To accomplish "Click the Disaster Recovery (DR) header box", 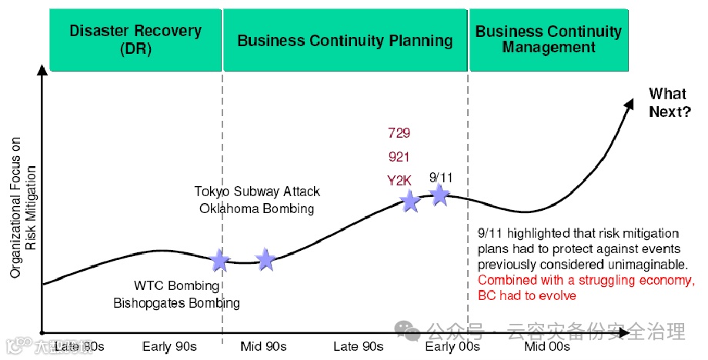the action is click(x=135, y=39).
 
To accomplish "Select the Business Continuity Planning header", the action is click(x=345, y=40).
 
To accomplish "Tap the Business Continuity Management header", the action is click(x=548, y=39).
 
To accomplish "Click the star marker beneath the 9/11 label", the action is click(x=439, y=195).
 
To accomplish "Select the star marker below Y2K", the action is click(x=410, y=202).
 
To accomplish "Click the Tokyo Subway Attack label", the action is click(x=256, y=192).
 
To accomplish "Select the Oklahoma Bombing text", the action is click(x=256, y=208).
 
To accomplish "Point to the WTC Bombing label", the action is click(x=176, y=286).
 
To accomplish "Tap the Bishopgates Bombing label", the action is click(x=176, y=303).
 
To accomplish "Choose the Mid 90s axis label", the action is click(x=263, y=346).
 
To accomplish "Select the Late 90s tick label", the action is click(x=358, y=346).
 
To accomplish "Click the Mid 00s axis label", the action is click(x=546, y=346).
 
